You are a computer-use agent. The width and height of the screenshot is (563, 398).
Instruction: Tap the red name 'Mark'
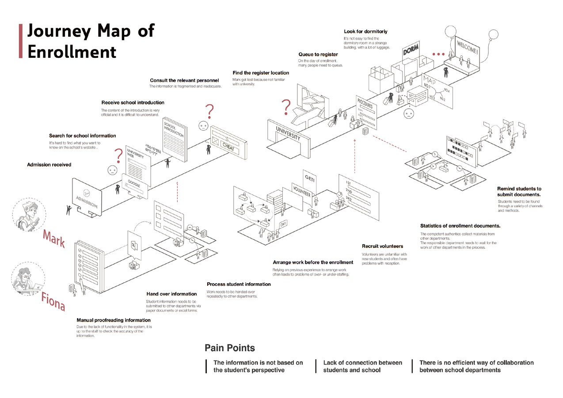54,239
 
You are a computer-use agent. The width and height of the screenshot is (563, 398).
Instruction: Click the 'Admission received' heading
49,165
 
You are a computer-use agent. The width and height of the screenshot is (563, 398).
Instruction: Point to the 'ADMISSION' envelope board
87,197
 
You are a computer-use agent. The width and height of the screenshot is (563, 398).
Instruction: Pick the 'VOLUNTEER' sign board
302,191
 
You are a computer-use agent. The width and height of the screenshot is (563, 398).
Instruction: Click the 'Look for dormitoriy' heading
365,31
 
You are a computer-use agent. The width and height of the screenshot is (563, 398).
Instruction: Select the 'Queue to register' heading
318,55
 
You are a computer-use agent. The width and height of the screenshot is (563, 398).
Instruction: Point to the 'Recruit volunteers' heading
382,246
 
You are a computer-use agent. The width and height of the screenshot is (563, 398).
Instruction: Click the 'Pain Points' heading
229,348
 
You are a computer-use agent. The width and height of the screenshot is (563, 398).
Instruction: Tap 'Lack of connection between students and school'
362,366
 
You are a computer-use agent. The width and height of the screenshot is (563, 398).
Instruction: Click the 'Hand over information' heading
171,294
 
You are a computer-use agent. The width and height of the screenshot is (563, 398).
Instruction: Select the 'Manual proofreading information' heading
114,320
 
